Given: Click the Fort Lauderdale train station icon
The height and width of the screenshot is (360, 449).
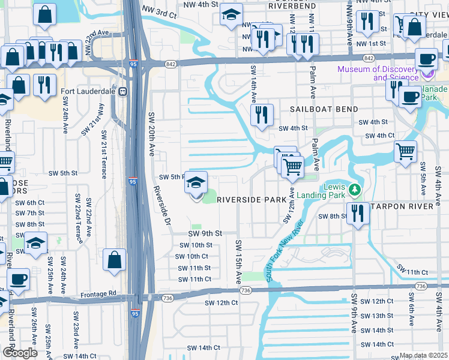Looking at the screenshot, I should coord(123,91).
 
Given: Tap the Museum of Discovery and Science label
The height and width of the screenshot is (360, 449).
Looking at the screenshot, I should coord(378,73).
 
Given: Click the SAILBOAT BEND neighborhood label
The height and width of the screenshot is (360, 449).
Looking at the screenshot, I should coord(324,109).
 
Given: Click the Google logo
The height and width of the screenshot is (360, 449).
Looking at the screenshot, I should coord(20,353).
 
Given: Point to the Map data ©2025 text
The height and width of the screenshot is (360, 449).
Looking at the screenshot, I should coord(424,355).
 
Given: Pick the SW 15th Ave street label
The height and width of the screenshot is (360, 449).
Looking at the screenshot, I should coord(238,262).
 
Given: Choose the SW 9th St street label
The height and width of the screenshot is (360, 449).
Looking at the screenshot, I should coord(205,233).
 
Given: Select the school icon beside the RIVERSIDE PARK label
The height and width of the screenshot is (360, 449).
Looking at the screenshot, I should coord(196,183).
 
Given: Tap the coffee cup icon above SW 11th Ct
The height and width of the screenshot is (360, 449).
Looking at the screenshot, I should coord(18,279).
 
